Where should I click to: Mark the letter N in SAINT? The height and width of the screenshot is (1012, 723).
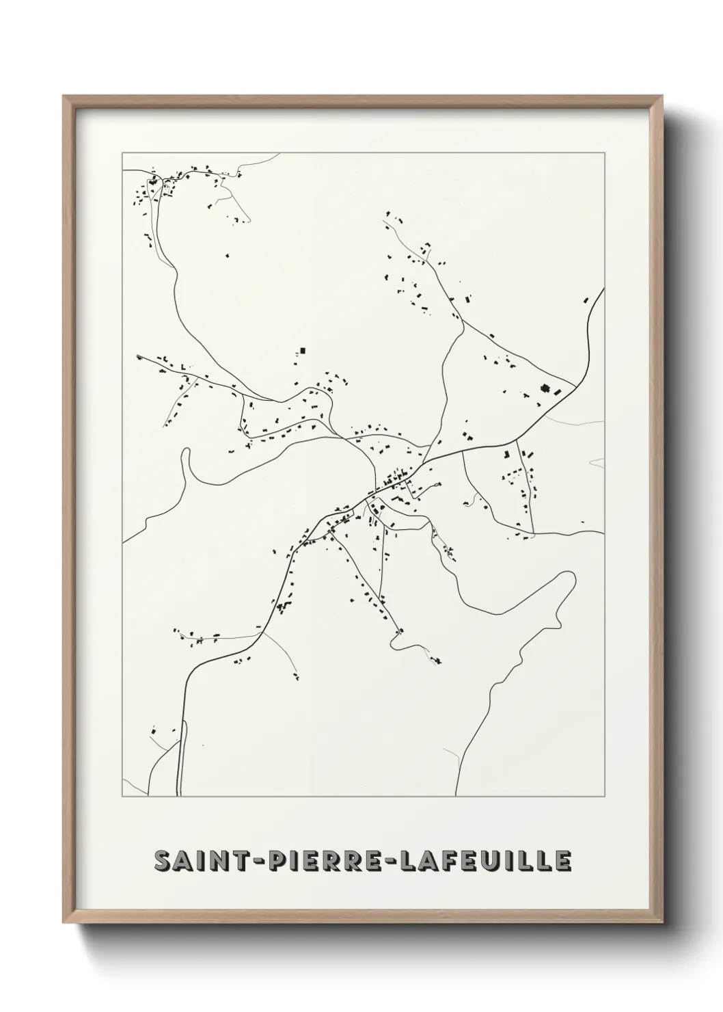pyautogui.click(x=214, y=861)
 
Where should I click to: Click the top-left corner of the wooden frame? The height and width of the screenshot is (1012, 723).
pyautogui.click(x=64, y=96)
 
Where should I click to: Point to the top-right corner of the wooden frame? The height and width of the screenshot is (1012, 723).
pyautogui.click(x=662, y=96)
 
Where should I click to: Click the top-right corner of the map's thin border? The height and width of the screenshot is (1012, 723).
pyautogui.click(x=604, y=152)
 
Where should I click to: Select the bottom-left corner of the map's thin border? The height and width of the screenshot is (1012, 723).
pyautogui.click(x=122, y=796)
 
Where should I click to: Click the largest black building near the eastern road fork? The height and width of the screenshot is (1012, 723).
pyautogui.click(x=545, y=389)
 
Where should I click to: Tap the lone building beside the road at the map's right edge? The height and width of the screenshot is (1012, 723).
pyautogui.click(x=586, y=299)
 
